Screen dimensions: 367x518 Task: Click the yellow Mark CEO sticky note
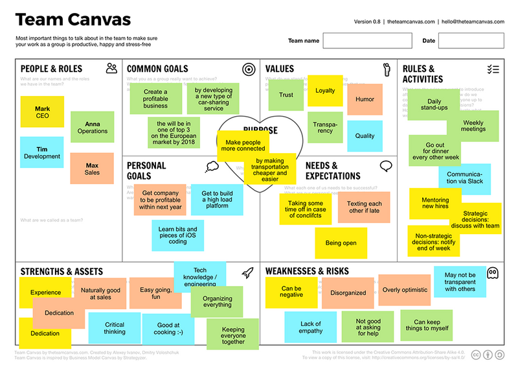point(42,112)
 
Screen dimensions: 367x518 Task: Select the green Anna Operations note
point(92,127)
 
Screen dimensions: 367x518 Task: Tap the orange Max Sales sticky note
point(92,169)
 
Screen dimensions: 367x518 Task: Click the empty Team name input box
point(367,41)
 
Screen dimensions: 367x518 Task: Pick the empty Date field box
point(471,41)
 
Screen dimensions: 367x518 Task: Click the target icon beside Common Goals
point(248,69)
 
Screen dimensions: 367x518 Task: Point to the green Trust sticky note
point(286,95)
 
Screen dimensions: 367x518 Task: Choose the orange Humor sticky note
point(365,100)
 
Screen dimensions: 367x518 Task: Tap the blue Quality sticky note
point(365,136)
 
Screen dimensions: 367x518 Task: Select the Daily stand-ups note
point(433,104)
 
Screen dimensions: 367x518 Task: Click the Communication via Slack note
point(464,176)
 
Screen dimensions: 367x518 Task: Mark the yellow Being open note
point(341,243)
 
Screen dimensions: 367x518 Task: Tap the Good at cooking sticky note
point(168,329)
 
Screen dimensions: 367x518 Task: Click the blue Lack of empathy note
point(311,327)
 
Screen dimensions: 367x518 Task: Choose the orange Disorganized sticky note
point(348,292)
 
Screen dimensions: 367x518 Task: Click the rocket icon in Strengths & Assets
point(247,273)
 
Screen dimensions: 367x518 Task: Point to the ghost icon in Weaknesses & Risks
point(493,273)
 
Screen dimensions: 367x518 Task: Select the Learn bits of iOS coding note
point(177,235)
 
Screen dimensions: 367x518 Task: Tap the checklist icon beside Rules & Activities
point(493,69)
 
